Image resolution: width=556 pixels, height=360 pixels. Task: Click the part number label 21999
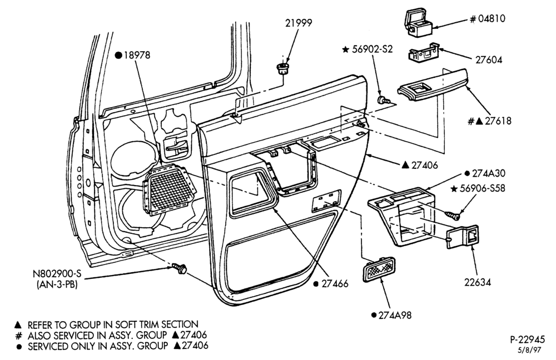click(299, 23)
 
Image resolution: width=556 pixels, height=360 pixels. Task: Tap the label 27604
click(489, 59)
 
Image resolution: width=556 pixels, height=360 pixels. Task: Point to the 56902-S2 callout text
click(373, 49)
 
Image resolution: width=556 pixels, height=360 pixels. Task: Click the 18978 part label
click(137, 55)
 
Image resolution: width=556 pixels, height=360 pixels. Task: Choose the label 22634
click(478, 282)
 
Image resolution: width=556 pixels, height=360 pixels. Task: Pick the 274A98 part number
click(395, 315)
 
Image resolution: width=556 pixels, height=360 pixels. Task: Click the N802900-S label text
click(57, 274)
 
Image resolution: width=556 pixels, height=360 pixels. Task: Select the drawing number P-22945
click(527, 339)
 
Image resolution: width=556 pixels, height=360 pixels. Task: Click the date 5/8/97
click(530, 350)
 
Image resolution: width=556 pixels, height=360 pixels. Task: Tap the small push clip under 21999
click(282, 69)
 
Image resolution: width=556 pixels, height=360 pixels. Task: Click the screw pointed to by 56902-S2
click(383, 100)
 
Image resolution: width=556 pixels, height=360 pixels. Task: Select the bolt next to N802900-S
click(180, 268)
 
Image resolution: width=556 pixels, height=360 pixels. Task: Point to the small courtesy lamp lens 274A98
click(379, 269)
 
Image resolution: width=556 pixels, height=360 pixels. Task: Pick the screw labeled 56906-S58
click(452, 214)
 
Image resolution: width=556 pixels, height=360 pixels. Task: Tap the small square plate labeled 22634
click(463, 236)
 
